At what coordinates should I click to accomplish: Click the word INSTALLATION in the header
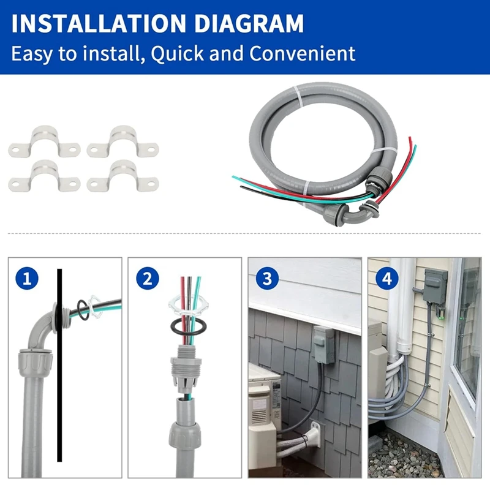[x=99, y=23]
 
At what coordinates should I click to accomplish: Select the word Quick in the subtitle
[x=177, y=53]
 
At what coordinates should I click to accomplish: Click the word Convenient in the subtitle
[x=302, y=53]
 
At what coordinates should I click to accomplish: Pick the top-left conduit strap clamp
[x=44, y=141]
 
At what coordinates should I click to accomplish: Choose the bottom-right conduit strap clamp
[x=123, y=176]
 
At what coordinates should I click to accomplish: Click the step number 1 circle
[x=27, y=278]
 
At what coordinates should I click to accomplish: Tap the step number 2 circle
[x=148, y=278]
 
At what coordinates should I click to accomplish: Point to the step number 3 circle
[x=267, y=278]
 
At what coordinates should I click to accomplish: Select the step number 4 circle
[x=387, y=278]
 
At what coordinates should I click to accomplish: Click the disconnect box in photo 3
[x=324, y=345]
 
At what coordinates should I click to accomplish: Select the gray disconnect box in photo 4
[x=435, y=287]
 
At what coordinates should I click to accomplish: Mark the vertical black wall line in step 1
[x=59, y=365]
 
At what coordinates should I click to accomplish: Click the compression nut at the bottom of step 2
[x=184, y=435]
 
